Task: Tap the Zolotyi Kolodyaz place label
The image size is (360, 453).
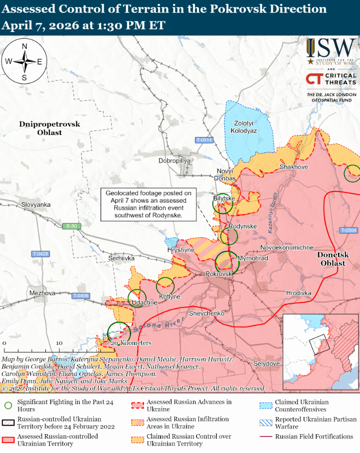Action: (244, 127)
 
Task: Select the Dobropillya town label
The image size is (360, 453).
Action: (175, 161)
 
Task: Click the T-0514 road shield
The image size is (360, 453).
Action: (204, 140)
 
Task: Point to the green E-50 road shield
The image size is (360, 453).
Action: (72, 226)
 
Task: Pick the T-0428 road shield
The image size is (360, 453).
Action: (40, 254)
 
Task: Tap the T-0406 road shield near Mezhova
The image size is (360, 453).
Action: (80, 296)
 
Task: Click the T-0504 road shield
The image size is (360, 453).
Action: (349, 230)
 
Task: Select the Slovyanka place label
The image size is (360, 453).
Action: (36, 205)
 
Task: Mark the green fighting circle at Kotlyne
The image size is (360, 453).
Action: (165, 286)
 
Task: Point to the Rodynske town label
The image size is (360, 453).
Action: (242, 226)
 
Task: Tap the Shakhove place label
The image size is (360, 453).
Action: (294, 167)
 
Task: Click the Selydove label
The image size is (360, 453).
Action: (266, 363)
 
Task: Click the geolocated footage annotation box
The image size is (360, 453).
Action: (148, 204)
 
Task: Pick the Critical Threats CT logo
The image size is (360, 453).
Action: (314, 79)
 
